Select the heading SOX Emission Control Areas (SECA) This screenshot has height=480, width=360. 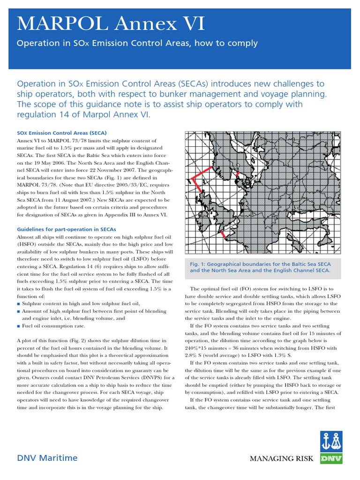pyautogui.click(x=62, y=133)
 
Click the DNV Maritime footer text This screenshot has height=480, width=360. pyautogui.click(x=47, y=458)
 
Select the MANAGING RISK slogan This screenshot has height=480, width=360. pyautogui.click(x=281, y=458)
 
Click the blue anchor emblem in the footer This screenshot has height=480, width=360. pyautogui.click(x=331, y=442)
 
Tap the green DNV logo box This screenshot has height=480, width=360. pyautogui.click(x=331, y=459)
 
